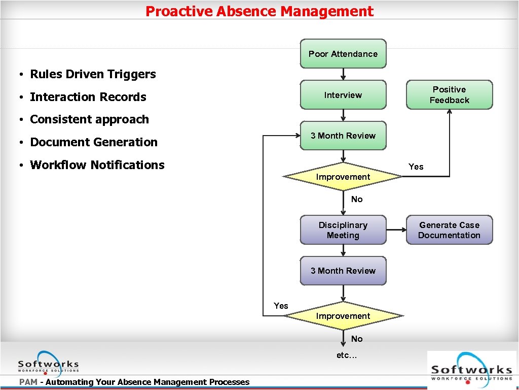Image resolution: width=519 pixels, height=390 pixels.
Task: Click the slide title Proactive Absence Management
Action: [259, 11]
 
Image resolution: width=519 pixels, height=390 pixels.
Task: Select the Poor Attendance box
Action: [343, 54]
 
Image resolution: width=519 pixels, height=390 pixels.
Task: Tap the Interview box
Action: [343, 95]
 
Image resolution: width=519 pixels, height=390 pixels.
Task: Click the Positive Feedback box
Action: [449, 95]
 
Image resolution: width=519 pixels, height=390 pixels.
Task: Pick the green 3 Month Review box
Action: [343, 136]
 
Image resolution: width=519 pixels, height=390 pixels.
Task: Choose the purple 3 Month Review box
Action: [343, 271]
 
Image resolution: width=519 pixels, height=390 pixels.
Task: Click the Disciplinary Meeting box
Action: [343, 230]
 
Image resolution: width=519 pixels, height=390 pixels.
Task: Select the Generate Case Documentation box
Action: [449, 230]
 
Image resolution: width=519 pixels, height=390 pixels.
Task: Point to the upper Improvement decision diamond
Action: [343, 177]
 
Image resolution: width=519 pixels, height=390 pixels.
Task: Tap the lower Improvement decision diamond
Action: [343, 316]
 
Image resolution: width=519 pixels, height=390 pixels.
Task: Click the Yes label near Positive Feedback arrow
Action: [416, 167]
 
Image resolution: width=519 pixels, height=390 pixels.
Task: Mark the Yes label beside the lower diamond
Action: [281, 306]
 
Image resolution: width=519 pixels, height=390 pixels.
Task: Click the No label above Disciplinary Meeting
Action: [357, 199]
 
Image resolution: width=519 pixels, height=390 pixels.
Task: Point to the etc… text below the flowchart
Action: [347, 355]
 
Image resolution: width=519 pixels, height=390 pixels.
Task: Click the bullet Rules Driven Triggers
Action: [93, 74]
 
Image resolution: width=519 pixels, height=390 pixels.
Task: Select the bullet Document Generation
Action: [94, 142]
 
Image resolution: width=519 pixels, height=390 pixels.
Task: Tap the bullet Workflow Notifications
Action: [97, 165]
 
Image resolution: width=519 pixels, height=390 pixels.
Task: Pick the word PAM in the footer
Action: [28, 382]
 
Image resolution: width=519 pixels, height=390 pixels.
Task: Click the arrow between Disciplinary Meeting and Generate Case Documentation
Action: [396, 230]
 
